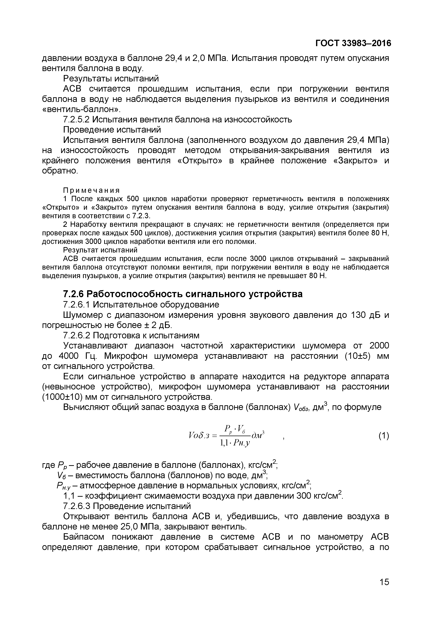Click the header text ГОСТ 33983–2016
coord(353,43)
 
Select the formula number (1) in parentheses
coord(384,436)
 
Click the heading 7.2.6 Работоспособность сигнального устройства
coord(183,294)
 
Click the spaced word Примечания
coord(91,190)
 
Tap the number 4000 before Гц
coord(72,356)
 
